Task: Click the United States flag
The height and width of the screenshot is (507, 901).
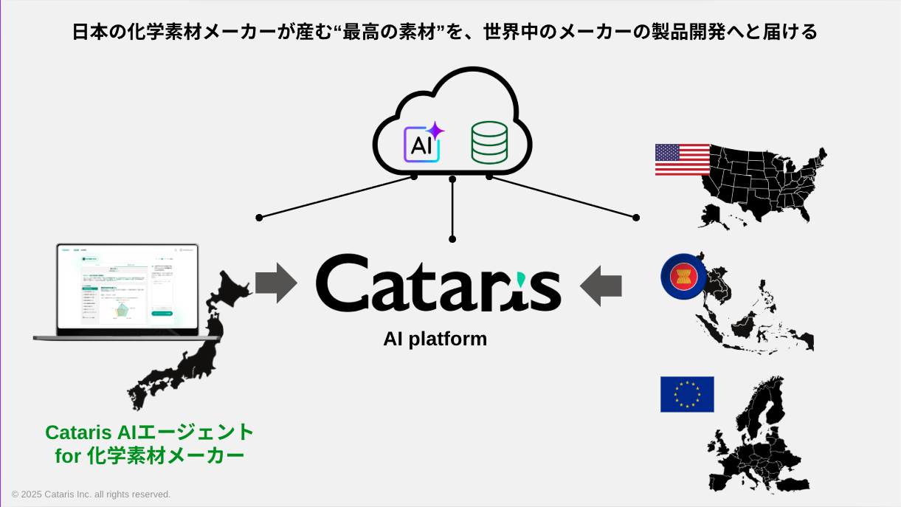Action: point(683,159)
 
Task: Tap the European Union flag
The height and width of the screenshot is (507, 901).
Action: point(687,394)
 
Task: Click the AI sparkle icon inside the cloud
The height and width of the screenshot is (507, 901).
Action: point(422,142)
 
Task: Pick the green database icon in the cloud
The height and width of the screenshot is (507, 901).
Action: point(489,142)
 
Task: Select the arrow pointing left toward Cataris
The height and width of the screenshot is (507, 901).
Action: point(601,286)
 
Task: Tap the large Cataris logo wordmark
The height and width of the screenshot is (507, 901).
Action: point(438,283)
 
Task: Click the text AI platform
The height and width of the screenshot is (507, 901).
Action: point(435,339)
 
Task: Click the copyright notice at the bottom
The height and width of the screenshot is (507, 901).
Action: point(91,494)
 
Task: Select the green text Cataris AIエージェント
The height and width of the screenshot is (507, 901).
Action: point(150,432)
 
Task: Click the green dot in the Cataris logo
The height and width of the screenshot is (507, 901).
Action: point(522,278)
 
